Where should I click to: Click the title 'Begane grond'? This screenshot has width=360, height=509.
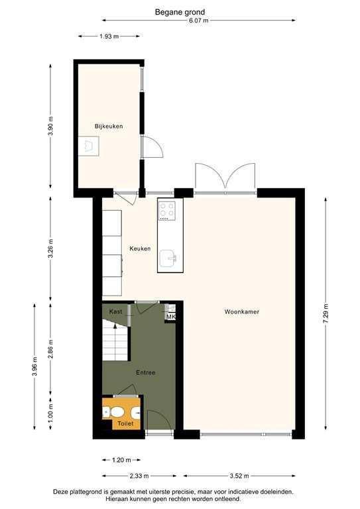tap(180, 11)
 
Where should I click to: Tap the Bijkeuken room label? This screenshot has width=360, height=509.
tap(109, 126)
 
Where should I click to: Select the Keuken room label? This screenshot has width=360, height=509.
tap(140, 249)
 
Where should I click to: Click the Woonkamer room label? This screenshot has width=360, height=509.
tap(241, 311)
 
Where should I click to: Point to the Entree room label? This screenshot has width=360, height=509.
tap(145, 372)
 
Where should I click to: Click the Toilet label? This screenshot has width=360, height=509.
tap(125, 423)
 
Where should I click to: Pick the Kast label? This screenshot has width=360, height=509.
tap(115, 311)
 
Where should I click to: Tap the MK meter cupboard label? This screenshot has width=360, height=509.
tap(170, 317)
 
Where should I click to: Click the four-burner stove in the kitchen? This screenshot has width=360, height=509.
tap(166, 211)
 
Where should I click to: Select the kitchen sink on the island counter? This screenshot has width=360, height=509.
tap(171, 256)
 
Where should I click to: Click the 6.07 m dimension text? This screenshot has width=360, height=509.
tap(198, 21)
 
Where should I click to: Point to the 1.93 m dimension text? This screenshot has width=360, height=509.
tap(109, 36)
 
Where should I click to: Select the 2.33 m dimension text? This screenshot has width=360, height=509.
tap(139, 475)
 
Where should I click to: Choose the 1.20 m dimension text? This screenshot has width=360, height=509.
tap(121, 459)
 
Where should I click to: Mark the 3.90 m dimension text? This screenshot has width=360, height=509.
tap(50, 126)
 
